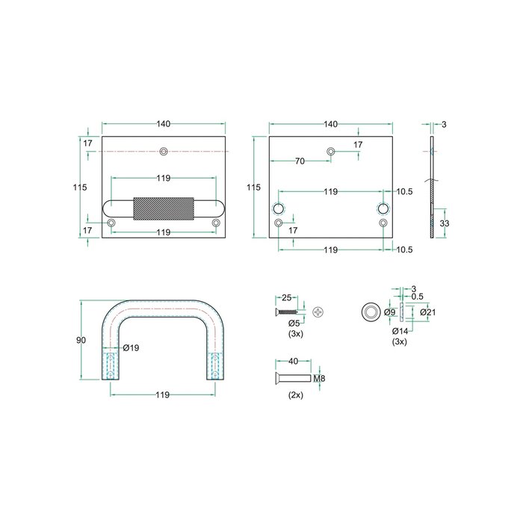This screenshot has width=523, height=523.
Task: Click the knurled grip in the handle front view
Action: pos(164,208)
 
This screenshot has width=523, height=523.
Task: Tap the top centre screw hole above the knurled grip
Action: pos(164,152)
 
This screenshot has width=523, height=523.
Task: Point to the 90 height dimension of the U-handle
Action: pos(82,340)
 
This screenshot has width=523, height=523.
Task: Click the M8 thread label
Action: pos(319,379)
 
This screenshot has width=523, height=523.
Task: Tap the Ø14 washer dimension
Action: pos(400,329)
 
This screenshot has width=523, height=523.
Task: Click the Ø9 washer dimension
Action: pos(389,312)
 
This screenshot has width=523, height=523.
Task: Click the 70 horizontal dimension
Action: pos(300,161)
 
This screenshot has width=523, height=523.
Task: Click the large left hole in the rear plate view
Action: pos(279,208)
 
